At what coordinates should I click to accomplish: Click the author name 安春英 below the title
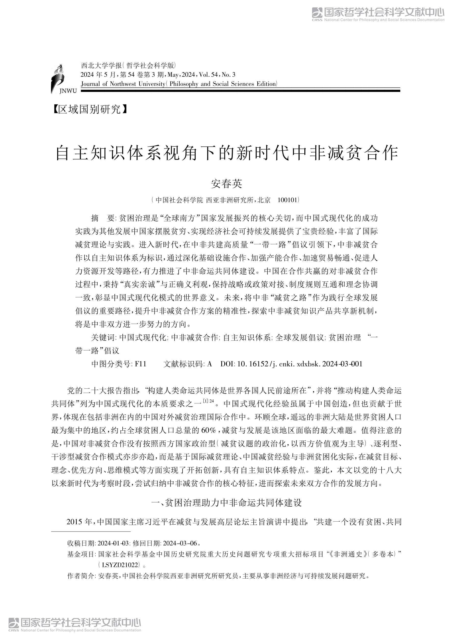(x=226, y=183)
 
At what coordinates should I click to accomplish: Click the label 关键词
(x=103, y=337)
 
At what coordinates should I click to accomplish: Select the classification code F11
(x=140, y=364)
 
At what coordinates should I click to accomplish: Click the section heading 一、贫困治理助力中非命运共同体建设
(x=226, y=502)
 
